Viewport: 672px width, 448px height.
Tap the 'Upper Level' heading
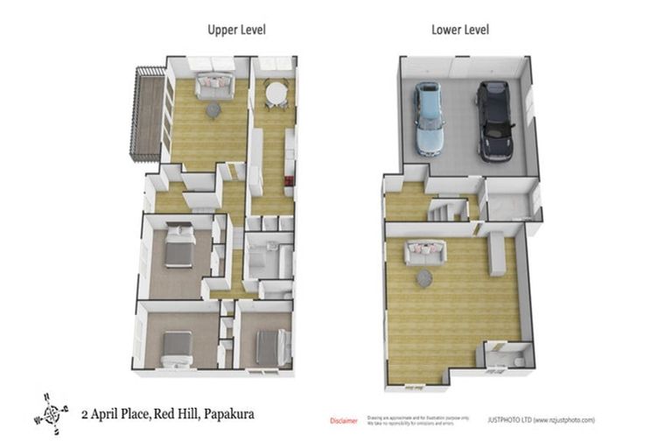coord(236,30)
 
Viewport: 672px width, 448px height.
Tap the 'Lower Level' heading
coord(460,30)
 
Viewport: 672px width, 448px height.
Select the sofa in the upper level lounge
coord(213,85)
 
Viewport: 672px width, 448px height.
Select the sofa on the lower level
coord(423,253)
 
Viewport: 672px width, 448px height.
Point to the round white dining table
coord(276,92)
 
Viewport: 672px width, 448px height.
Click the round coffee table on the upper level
coord(213,110)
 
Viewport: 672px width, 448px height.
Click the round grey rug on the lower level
coord(424,278)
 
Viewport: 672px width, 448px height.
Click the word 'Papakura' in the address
coord(230,412)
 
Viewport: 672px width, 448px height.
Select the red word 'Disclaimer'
coord(343,422)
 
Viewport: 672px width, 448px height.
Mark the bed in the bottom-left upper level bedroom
coord(176,347)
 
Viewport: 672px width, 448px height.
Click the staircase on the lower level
coord(441,211)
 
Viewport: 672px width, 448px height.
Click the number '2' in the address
coord(84,412)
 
